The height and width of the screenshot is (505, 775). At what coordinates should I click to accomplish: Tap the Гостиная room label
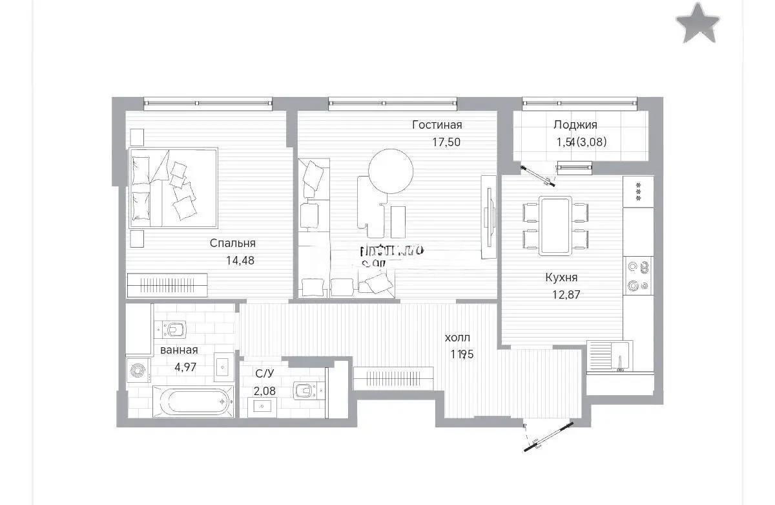437,125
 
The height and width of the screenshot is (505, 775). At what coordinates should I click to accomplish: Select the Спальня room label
232,243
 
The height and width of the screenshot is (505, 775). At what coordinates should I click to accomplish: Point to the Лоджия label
575,125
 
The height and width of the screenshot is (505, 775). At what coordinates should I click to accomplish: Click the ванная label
179,350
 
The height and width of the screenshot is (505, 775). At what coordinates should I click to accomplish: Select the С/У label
263,373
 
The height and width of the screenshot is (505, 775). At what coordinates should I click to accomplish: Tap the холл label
458,338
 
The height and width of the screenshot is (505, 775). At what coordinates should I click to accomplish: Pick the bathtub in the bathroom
192,402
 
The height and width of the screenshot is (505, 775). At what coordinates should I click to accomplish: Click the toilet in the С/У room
304,391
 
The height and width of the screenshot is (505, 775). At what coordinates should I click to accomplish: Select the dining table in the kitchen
555,226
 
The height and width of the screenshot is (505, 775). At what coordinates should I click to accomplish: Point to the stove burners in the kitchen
638,275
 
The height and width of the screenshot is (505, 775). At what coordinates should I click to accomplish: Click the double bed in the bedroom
174,188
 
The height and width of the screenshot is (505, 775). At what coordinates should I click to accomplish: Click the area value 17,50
446,142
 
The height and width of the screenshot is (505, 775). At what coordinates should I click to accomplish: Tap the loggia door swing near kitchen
539,174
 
